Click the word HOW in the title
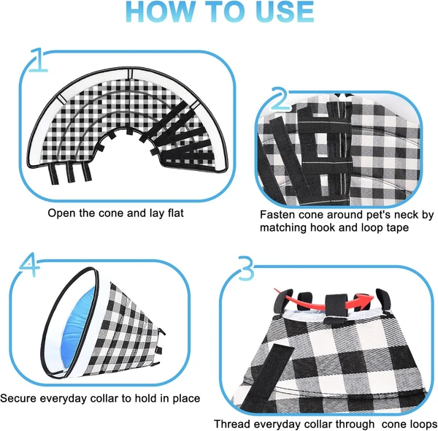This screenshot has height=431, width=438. click(x=173, y=12)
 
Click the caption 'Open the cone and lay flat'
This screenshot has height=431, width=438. click(x=116, y=213)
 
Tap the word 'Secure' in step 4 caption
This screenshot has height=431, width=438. click(x=20, y=398)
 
